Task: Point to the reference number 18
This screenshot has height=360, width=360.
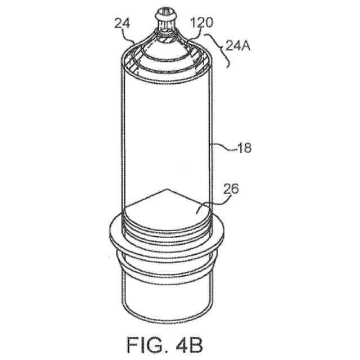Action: [x=244, y=148]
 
